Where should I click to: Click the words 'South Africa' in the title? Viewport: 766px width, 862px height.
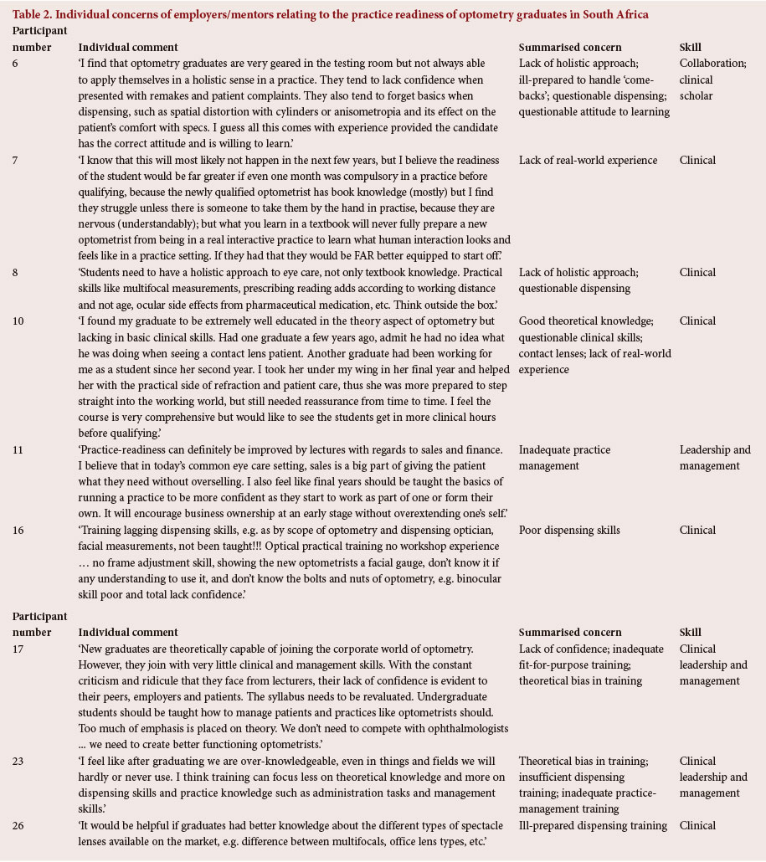(x=614, y=14)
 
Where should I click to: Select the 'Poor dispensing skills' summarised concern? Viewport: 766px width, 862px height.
(x=569, y=530)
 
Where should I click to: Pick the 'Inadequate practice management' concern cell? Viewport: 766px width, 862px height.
(x=564, y=457)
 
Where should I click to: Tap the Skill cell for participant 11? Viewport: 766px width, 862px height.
(x=715, y=457)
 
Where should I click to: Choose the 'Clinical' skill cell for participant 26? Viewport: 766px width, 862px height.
(x=697, y=825)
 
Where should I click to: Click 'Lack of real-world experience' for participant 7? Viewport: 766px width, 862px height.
(x=588, y=160)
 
